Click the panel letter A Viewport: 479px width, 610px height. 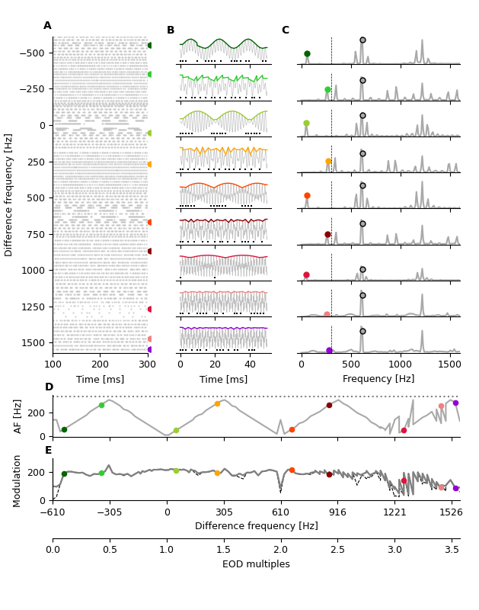[x=47, y=26]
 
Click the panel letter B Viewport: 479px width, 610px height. [x=171, y=30]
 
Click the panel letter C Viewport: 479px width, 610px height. [x=285, y=30]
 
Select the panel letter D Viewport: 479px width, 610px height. [x=49, y=387]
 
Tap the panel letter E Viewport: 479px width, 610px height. [x=49, y=450]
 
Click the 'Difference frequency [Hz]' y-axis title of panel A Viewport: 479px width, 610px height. [x=9, y=194]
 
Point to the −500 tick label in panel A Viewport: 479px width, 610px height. [x=32, y=53]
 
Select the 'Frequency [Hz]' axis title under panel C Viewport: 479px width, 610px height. [x=378, y=379]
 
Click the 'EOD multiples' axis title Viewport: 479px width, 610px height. [x=256, y=564]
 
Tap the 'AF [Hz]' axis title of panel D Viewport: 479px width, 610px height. [x=19, y=416]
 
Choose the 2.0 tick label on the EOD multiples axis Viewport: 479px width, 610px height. [x=280, y=550]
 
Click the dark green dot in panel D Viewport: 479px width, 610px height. [x=64, y=429]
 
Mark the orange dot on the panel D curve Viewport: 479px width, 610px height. [x=217, y=403]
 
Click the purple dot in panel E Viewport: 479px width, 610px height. [x=455, y=488]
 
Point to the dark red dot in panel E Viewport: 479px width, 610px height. [x=329, y=474]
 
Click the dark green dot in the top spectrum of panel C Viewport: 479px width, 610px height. [x=307, y=54]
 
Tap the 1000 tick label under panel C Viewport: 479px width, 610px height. [x=401, y=364]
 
